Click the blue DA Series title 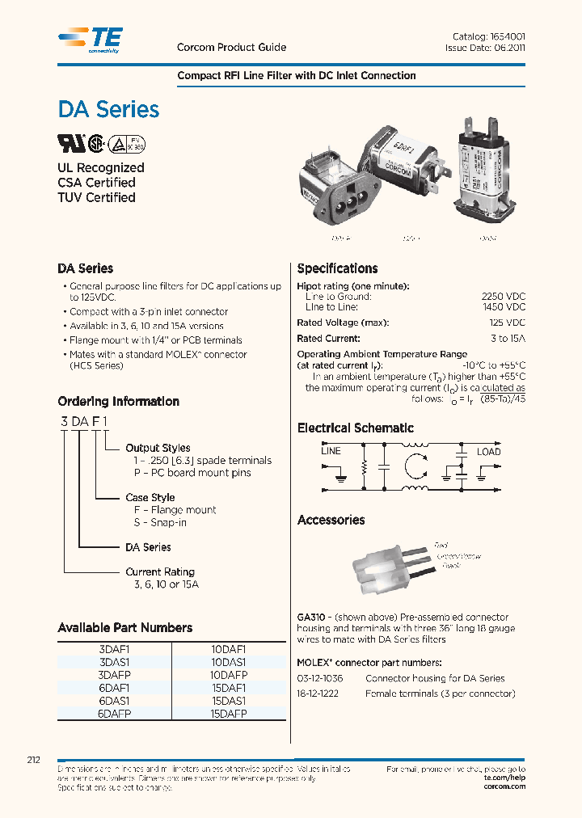pyautogui.click(x=108, y=110)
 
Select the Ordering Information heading pyautogui.click(x=118, y=402)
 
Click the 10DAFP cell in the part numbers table pyautogui.click(x=228, y=674)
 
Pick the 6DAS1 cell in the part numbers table pyautogui.click(x=114, y=701)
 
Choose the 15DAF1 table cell pyautogui.click(x=228, y=688)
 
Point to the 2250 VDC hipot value pyautogui.click(x=503, y=297)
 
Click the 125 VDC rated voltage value pyautogui.click(x=506, y=323)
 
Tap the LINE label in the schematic pyautogui.click(x=331, y=451)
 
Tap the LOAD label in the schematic pyautogui.click(x=488, y=452)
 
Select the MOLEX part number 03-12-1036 pyautogui.click(x=320, y=679)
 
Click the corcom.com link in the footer pyautogui.click(x=504, y=786)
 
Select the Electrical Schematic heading pyautogui.click(x=355, y=428)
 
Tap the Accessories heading pyautogui.click(x=331, y=521)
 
